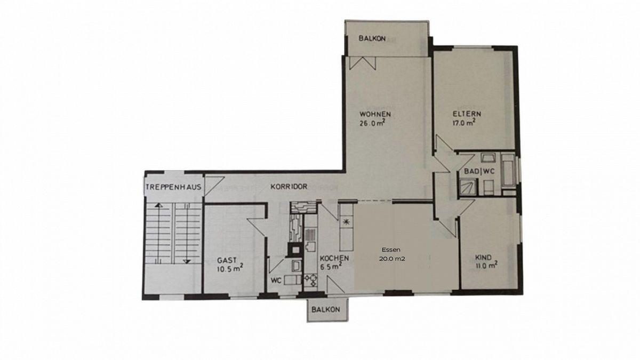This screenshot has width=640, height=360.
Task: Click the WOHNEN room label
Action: click(x=375, y=114)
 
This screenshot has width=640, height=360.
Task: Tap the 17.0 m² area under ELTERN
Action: click(x=464, y=123)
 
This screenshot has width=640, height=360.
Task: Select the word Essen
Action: click(x=391, y=250)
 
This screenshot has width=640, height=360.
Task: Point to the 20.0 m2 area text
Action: click(x=392, y=259)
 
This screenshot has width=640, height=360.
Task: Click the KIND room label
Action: click(x=483, y=258)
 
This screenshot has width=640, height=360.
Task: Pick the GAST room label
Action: click(x=227, y=260)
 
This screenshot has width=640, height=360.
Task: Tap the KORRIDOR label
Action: click(x=289, y=187)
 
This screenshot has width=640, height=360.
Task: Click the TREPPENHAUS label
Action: click(x=174, y=187)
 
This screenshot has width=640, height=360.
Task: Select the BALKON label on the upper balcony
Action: click(x=372, y=38)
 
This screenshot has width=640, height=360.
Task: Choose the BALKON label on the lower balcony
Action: click(x=326, y=309)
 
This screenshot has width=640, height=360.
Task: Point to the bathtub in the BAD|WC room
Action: click(x=508, y=170)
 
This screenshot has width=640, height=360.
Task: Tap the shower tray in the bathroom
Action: click(x=468, y=187)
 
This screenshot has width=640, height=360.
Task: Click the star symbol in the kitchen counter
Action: click(x=346, y=222)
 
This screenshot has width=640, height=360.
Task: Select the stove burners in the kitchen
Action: click(x=310, y=281)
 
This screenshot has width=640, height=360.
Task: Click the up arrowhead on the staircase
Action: click(x=159, y=205)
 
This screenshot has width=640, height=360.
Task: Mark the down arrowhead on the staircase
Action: click(x=187, y=261)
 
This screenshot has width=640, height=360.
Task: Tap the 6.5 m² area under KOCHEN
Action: click(x=331, y=267)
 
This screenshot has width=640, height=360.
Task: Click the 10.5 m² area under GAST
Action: click(x=230, y=269)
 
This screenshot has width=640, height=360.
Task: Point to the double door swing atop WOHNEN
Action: click(x=362, y=62)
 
